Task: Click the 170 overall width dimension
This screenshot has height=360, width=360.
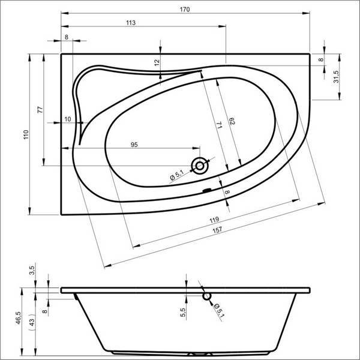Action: point(185,10)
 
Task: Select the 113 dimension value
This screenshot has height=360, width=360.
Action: point(131,23)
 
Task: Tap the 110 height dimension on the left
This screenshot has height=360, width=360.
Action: point(26,134)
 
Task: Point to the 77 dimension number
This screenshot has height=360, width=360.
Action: point(40,110)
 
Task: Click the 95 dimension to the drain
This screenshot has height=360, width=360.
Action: point(134,145)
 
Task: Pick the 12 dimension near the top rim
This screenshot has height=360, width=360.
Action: point(157,62)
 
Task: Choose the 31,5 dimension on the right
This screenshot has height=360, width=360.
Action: point(336,77)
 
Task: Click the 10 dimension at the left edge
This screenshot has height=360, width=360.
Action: point(68,119)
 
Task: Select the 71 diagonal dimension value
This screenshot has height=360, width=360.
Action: point(219,125)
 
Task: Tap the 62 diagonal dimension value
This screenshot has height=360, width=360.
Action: point(232,121)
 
